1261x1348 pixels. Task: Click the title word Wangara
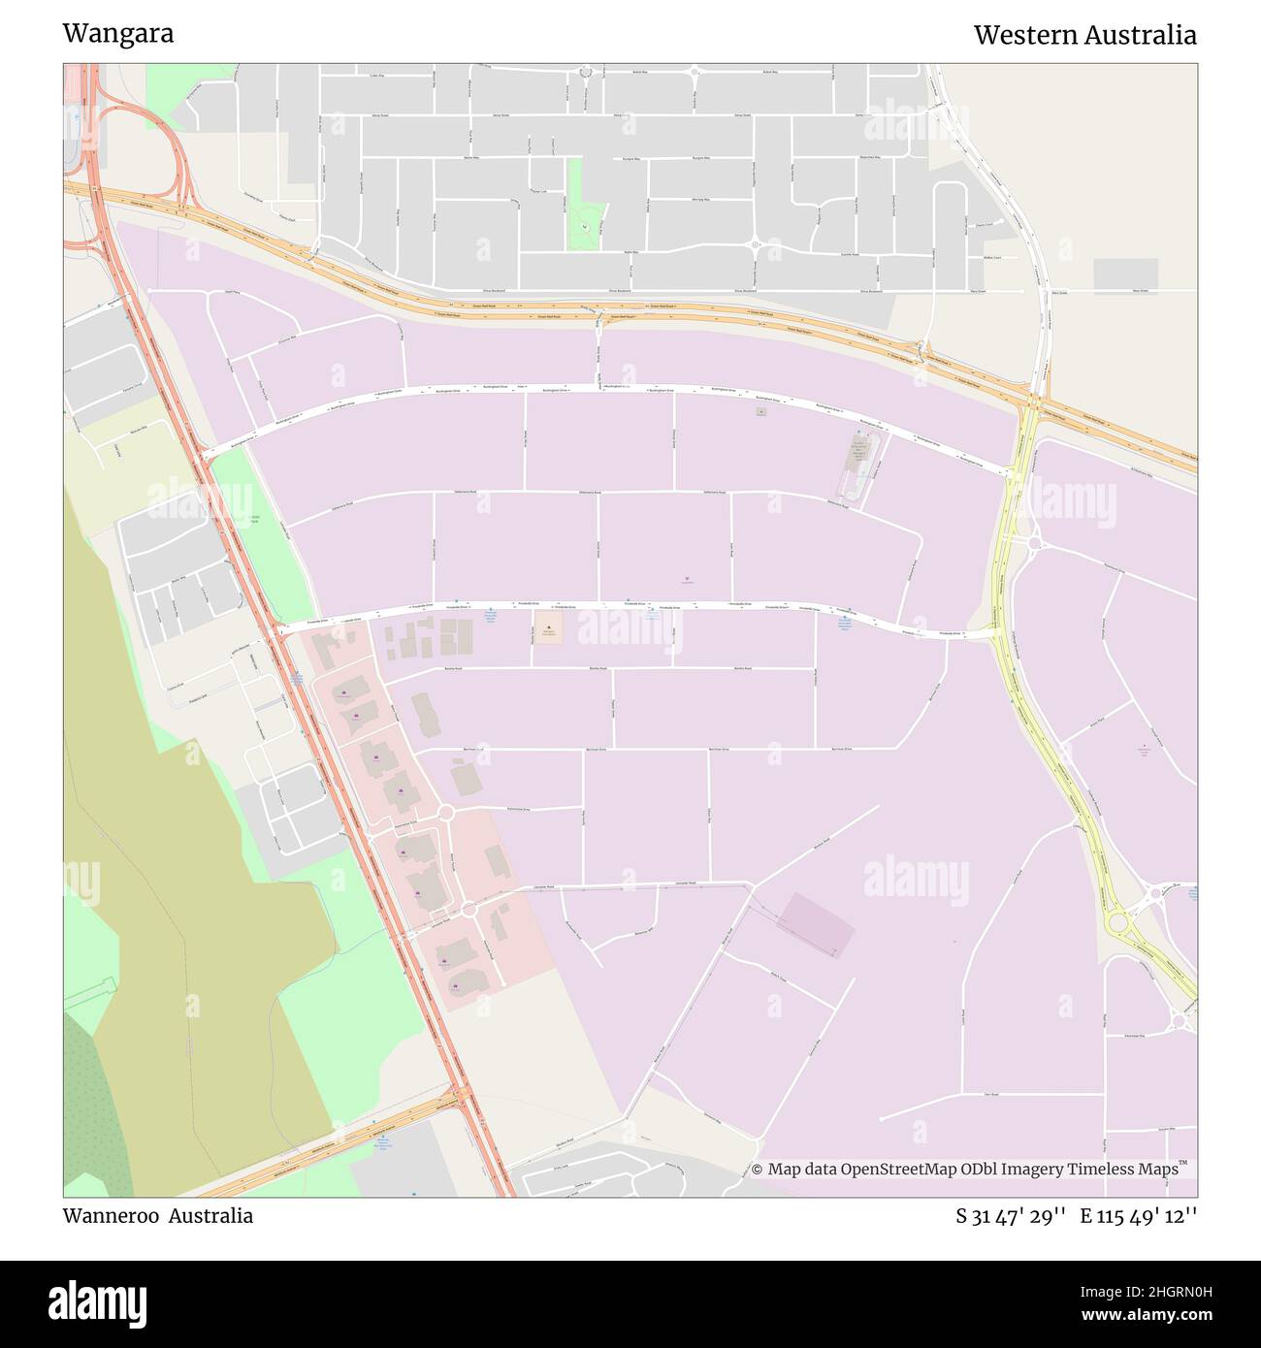point(118,33)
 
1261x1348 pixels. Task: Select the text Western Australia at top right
point(1084,35)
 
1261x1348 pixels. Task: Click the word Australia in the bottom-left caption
point(210,1216)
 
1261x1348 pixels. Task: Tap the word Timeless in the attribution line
point(1103,1170)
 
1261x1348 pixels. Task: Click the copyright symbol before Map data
point(758,1170)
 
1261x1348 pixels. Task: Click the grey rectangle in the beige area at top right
point(1125,275)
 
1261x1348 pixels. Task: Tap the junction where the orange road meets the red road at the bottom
point(460,1096)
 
